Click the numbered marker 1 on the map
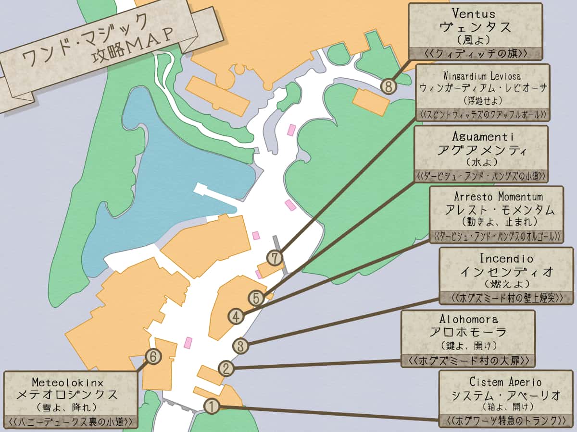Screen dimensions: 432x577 212,406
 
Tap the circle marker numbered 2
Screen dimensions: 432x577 226,369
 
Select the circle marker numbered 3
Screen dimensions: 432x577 241,345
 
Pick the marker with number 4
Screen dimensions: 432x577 236,316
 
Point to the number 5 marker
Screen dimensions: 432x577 256,298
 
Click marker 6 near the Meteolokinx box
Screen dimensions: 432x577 153,356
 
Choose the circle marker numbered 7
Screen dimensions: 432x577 275,258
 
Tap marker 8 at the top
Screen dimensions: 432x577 389,86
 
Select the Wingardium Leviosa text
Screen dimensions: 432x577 482,76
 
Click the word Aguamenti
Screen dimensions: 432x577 480,137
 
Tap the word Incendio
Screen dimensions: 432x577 506,258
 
